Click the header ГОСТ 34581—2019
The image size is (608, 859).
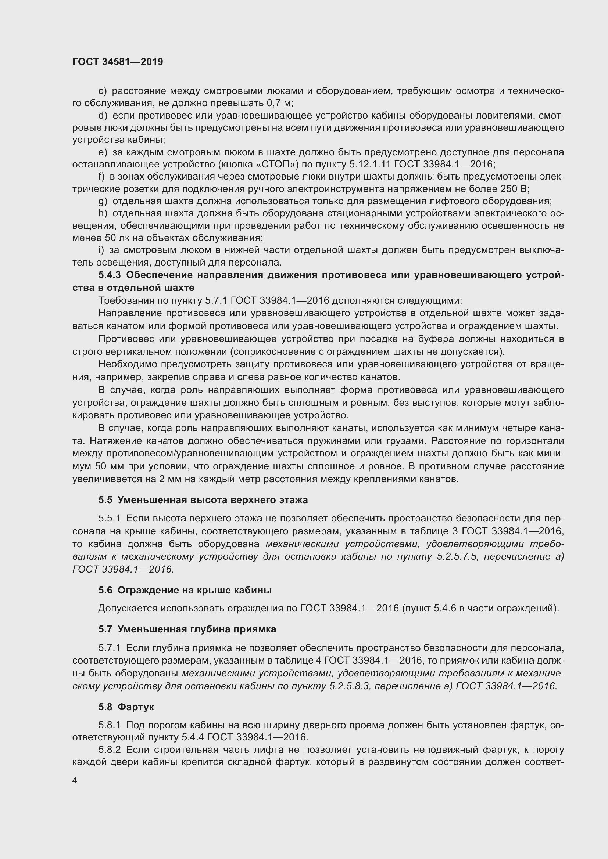tap(118, 62)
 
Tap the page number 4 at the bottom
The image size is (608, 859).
tap(75, 780)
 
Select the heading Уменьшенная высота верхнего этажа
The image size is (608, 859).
tap(212, 500)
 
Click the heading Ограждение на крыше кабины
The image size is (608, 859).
tap(194, 590)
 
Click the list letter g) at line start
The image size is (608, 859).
tap(103, 201)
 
